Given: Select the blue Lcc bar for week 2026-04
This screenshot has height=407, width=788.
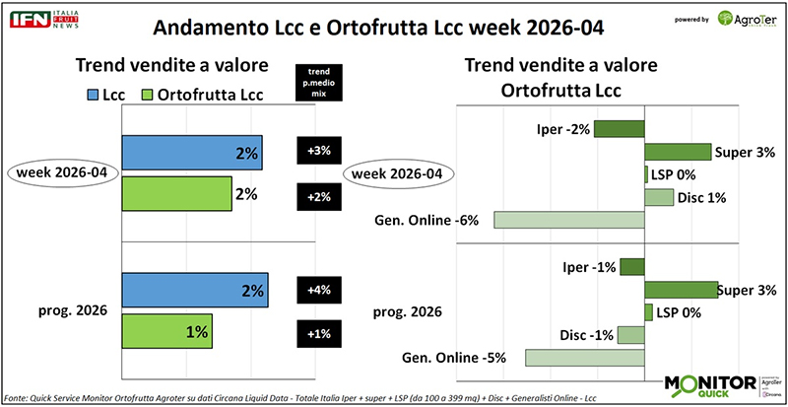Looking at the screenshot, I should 192,153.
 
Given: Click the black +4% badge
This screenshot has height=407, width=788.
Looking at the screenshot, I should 317,291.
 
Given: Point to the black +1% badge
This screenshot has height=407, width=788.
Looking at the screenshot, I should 317,332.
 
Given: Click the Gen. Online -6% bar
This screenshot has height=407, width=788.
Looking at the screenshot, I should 568,221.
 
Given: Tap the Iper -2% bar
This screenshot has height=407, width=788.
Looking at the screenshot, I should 619,129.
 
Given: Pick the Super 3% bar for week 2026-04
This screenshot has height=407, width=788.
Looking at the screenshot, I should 677,152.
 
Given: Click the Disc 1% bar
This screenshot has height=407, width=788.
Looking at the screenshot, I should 658,197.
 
